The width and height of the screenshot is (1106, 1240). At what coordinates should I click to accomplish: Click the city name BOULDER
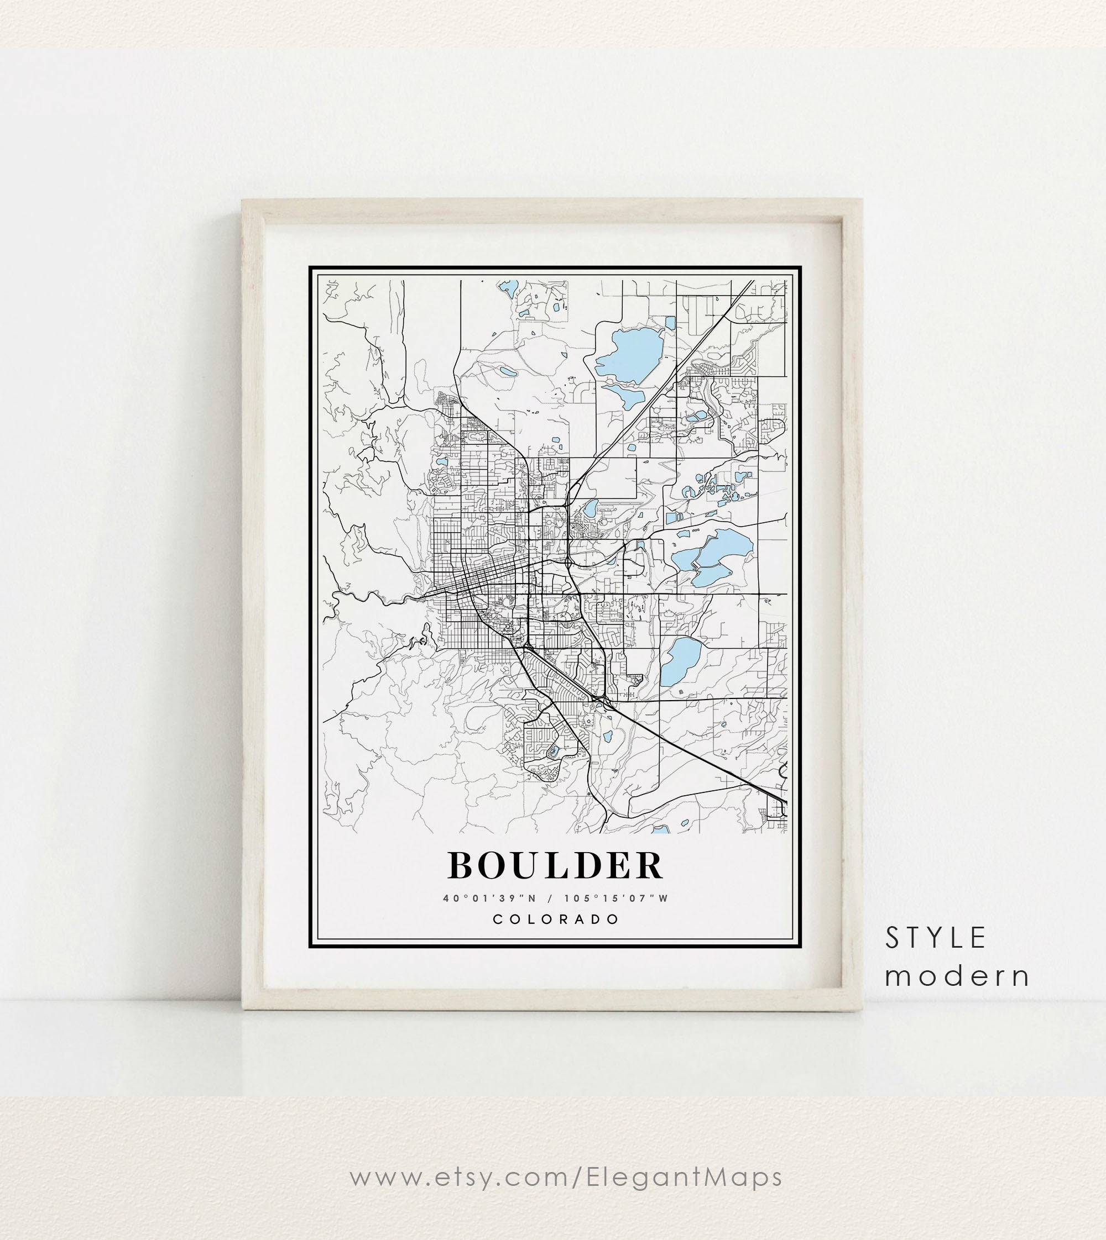[x=555, y=865]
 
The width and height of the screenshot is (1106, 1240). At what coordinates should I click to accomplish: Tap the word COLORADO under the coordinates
[x=555, y=919]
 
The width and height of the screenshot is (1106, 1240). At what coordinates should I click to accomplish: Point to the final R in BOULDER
[x=648, y=865]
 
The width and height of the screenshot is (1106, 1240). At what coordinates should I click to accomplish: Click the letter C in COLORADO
[x=497, y=919]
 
